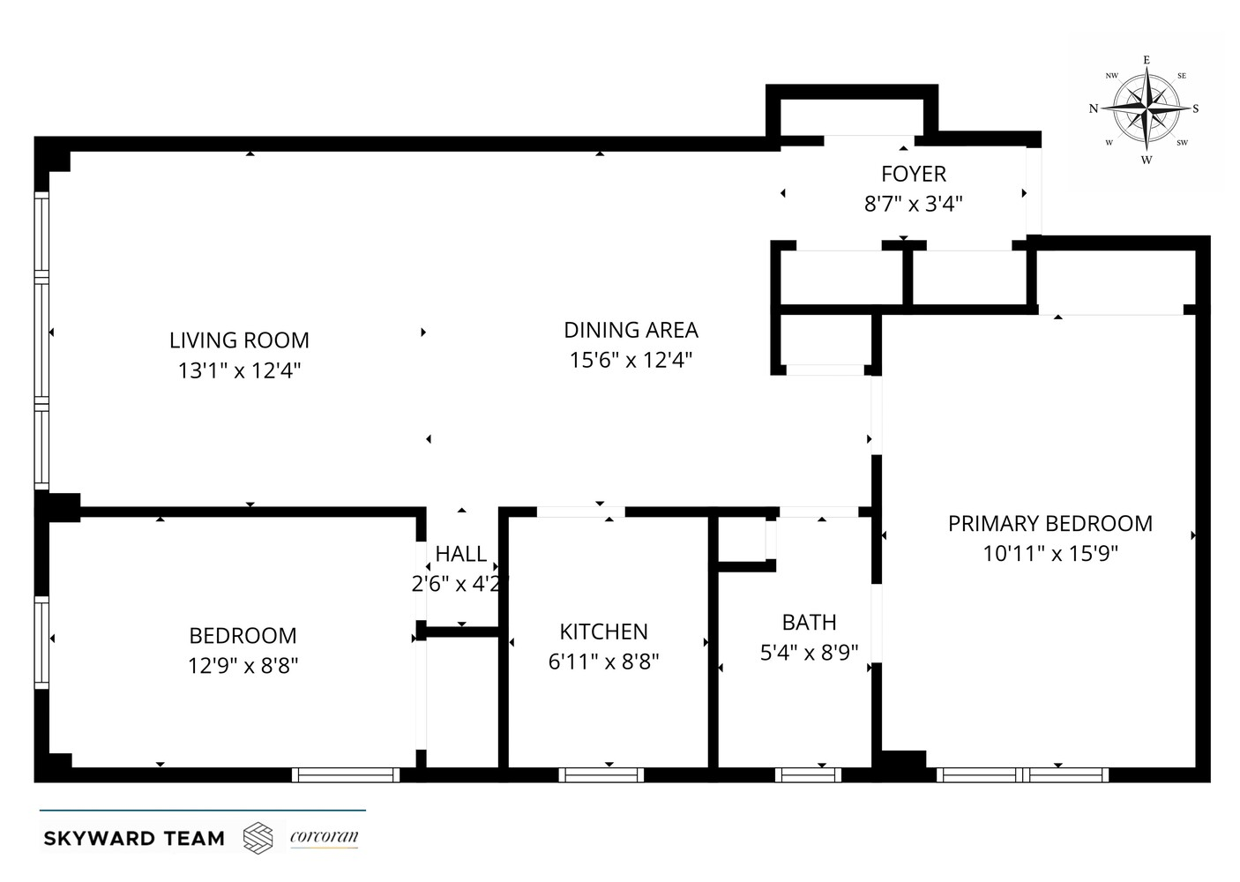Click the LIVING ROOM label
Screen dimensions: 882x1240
click(239, 340)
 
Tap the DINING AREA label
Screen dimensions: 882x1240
click(631, 330)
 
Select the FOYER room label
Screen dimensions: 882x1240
click(913, 174)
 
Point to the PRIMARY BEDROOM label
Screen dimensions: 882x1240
click(1050, 523)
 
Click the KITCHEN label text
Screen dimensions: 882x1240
click(603, 632)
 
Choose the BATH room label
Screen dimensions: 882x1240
click(809, 623)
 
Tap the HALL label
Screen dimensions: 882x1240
click(460, 554)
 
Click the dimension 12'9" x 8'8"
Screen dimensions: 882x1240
click(243, 665)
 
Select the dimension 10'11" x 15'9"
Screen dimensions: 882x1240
click(1050, 554)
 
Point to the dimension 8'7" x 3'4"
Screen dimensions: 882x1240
click(913, 205)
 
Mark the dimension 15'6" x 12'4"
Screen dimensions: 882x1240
click(631, 360)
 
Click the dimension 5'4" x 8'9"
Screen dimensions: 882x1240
click(809, 653)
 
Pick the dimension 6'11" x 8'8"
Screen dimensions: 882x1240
click(603, 661)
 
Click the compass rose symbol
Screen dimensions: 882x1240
click(1146, 109)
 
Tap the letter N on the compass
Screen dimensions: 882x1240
click(1094, 109)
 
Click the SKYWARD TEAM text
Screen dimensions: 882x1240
click(134, 838)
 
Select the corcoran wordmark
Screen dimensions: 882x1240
click(324, 837)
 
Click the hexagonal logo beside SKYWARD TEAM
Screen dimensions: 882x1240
click(258, 837)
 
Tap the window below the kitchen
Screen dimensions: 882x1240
click(603, 775)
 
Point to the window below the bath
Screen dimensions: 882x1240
click(808, 775)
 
